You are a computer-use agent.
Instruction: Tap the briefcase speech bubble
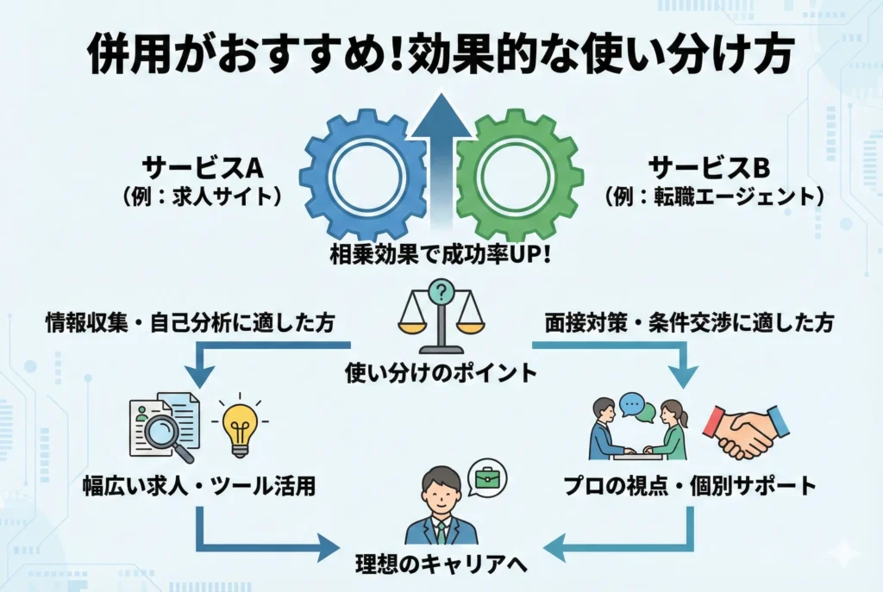tap(488, 475)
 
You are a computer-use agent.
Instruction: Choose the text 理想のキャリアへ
tap(441, 565)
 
